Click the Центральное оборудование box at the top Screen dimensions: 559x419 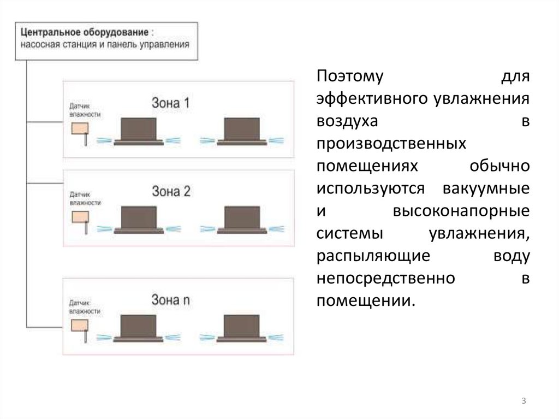[x=105, y=40]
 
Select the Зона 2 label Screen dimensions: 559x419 [x=171, y=191]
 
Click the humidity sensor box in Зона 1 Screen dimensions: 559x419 [x=80, y=128]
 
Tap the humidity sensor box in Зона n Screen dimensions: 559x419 [x=80, y=324]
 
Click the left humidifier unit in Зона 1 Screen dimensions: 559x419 [x=139, y=131]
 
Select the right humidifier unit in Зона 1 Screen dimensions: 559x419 [x=242, y=131]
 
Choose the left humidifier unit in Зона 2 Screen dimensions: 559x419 [x=139, y=220]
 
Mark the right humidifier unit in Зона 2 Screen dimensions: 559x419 [x=242, y=220]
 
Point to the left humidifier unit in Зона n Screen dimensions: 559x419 [x=139, y=328]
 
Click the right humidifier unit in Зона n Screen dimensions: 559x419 [x=242, y=328]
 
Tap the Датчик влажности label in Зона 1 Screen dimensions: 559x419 [x=85, y=110]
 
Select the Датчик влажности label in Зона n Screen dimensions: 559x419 [x=85, y=306]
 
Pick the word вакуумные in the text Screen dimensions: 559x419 [x=485, y=188]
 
